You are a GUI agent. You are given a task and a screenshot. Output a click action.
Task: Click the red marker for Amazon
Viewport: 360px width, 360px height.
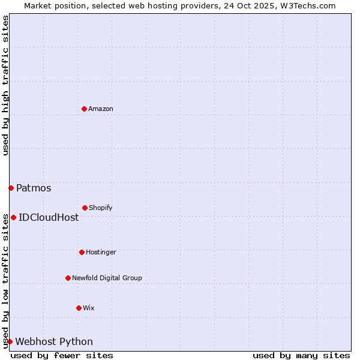(x=84, y=109)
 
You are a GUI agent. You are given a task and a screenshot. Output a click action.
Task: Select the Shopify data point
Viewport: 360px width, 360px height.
(x=85, y=208)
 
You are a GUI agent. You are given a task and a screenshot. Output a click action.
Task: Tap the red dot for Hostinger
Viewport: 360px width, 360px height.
(x=82, y=252)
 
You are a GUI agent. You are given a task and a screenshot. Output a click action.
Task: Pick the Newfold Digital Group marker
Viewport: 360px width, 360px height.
(x=68, y=278)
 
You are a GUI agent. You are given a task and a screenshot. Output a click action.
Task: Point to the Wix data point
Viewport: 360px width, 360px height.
(x=79, y=308)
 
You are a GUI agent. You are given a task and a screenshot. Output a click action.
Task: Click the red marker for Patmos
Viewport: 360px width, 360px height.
(x=11, y=188)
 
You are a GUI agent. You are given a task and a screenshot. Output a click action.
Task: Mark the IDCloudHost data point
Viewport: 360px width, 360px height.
(x=13, y=217)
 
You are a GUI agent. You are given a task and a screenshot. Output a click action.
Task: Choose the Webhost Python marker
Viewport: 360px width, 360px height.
(x=10, y=341)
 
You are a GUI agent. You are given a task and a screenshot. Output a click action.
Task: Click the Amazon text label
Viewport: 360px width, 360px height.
(x=101, y=109)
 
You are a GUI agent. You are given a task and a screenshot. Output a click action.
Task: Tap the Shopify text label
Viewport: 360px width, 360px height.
(x=101, y=208)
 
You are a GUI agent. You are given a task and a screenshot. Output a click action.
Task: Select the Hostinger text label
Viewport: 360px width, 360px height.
(x=101, y=252)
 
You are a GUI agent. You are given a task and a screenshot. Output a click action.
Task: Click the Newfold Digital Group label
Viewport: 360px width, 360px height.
(x=107, y=278)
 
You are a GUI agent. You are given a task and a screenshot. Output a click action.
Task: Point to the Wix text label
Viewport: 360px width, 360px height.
(x=89, y=308)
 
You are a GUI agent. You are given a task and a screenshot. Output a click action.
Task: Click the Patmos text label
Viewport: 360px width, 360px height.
(x=34, y=188)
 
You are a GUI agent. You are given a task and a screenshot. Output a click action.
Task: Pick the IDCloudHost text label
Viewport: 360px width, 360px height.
(x=49, y=217)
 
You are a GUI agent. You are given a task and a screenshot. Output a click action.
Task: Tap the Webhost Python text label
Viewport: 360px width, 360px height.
(x=54, y=341)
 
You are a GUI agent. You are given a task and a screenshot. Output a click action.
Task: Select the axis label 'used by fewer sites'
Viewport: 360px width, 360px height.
(x=62, y=355)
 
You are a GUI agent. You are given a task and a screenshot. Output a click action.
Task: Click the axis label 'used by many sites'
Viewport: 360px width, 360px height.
(x=301, y=355)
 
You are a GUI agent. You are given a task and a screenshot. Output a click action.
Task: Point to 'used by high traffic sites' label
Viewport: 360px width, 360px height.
(x=5, y=85)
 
